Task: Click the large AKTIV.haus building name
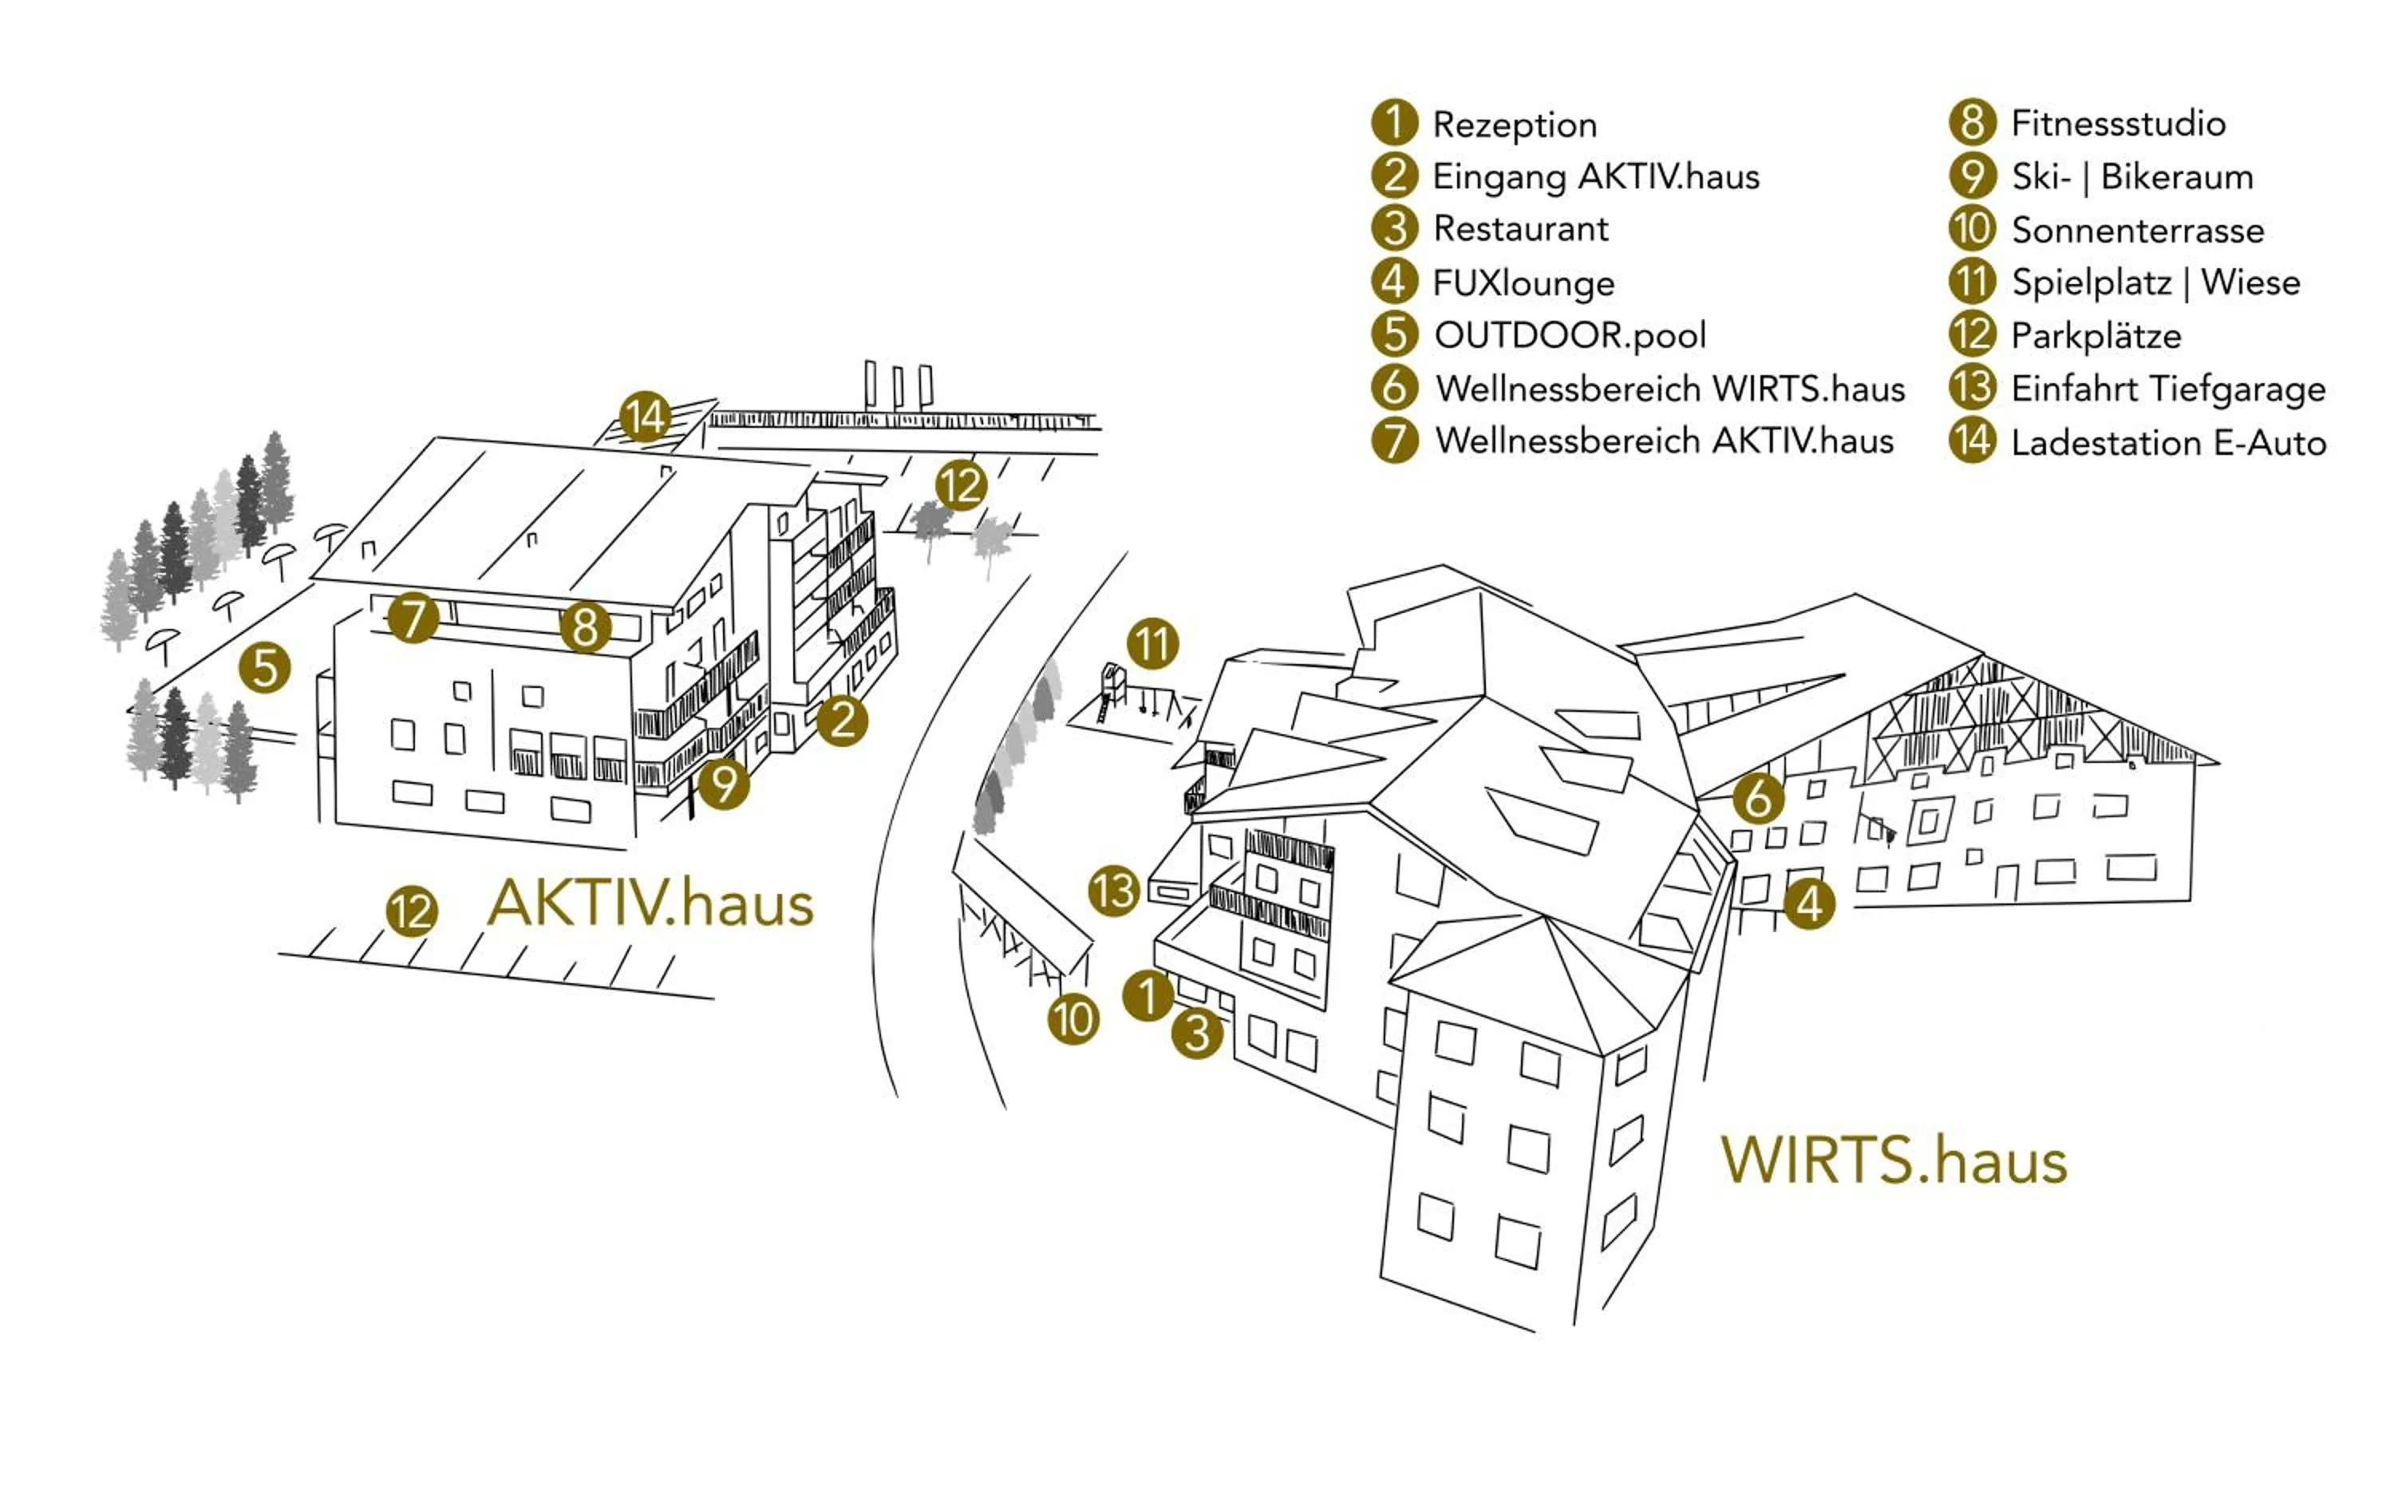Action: (650, 903)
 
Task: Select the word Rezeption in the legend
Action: (1515, 124)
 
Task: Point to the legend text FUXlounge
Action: (1523, 283)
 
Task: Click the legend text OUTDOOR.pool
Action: (1570, 335)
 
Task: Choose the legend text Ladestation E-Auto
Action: (2168, 442)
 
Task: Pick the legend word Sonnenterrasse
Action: (2138, 230)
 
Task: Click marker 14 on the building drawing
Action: (645, 417)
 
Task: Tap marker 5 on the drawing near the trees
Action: (264, 668)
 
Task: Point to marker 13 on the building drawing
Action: (1113, 891)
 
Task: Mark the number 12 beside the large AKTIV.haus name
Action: (411, 911)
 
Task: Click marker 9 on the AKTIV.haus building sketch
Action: (725, 784)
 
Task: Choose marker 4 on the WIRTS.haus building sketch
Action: (1808, 903)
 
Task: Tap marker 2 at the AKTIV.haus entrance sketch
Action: (842, 721)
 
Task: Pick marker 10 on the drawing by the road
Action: (1073, 1019)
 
